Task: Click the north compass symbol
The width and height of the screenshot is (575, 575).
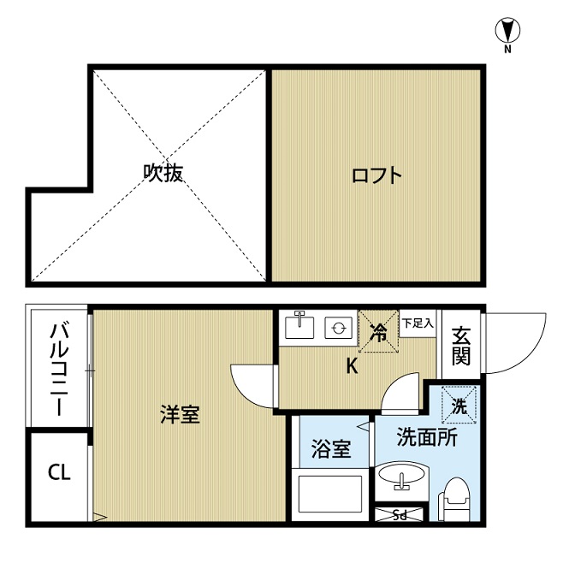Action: pos(508,31)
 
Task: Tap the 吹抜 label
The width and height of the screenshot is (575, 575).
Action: pos(163,173)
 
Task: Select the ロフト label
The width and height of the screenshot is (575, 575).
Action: pos(376,175)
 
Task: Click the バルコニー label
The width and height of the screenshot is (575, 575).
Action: pos(59,369)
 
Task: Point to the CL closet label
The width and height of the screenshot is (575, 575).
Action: pos(59,472)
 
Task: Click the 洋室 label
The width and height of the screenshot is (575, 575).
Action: pos(180,414)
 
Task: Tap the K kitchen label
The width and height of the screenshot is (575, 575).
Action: pos(352,365)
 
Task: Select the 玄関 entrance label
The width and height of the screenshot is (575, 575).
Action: pos(461,346)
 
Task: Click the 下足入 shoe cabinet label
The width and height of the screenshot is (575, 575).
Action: pos(418,323)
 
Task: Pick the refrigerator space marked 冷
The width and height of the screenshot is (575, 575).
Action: pos(378,332)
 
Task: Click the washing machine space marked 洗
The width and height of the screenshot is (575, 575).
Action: pos(459,406)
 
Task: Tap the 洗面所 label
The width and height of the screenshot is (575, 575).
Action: pos(427,437)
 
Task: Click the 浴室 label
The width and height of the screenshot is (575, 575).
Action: pos(331,448)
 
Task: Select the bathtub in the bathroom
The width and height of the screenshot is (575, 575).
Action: pos(330,494)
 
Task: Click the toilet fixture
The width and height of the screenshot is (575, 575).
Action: pos(454,499)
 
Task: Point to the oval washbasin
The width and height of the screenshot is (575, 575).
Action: pos(402,473)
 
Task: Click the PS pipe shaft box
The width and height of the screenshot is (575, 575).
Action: pos(400,514)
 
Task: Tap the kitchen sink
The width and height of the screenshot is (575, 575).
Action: pos(299,325)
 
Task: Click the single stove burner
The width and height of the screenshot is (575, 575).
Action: pos(339,328)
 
